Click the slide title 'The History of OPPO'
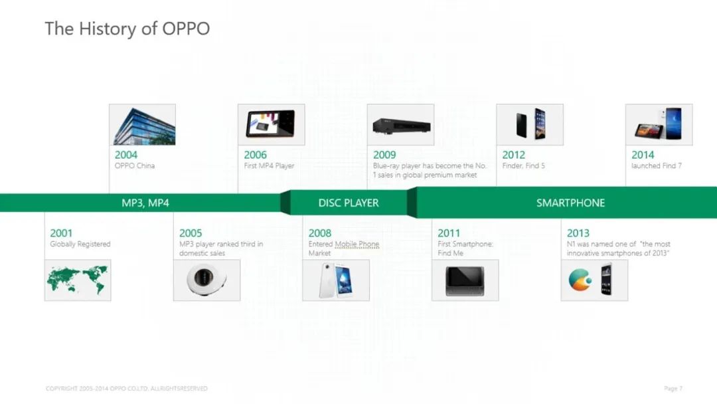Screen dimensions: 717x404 pos(127,29)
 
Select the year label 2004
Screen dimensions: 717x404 pos(125,155)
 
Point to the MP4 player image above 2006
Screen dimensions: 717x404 pos(270,124)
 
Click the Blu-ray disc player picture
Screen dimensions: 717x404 pos(401,126)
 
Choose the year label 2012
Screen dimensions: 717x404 pos(513,155)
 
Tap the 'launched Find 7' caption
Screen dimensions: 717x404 pos(656,165)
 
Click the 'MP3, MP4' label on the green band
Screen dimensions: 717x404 pos(145,203)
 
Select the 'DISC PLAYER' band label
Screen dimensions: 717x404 pos(349,203)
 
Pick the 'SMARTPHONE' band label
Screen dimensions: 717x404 pos(570,203)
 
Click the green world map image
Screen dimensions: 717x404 pos(78,280)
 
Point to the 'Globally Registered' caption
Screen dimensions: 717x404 pos(80,244)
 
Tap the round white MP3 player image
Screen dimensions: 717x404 pos(206,278)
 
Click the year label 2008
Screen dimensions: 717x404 pos(319,233)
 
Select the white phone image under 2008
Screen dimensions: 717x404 pos(336,280)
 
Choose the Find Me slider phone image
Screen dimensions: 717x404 pos(465,281)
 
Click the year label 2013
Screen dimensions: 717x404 pos(578,233)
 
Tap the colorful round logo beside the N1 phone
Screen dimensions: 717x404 pos(580,280)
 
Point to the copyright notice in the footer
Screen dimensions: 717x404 pos(126,389)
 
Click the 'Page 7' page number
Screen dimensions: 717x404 pos(673,389)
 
